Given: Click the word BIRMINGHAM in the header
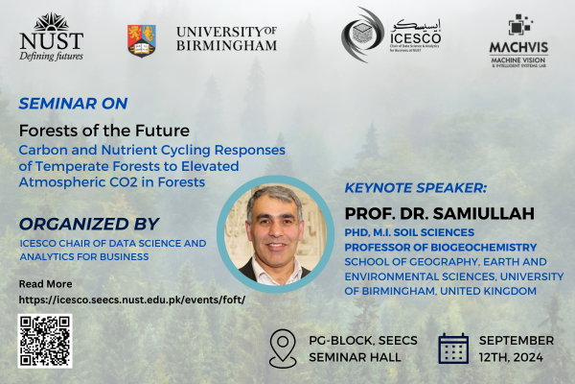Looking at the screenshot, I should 227,44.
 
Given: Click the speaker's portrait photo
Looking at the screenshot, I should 264,234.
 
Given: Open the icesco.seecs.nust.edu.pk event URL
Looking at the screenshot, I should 132,300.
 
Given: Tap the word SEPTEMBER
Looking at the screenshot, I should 517,341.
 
